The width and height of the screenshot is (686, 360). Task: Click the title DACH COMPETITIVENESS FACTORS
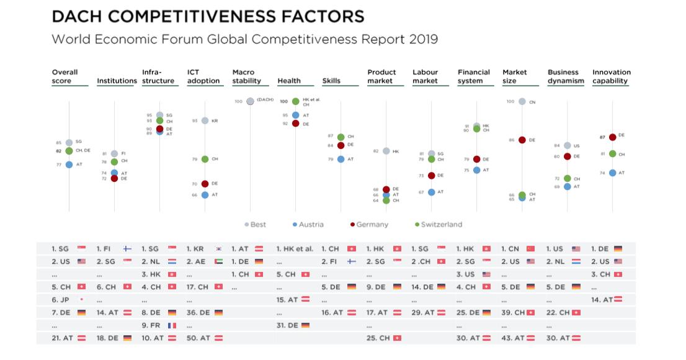(208, 17)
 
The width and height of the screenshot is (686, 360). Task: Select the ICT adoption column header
(203, 76)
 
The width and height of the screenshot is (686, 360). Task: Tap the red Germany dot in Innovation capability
(613, 137)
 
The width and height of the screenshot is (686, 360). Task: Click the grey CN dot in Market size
(522, 101)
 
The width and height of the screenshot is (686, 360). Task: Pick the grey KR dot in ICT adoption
(205, 120)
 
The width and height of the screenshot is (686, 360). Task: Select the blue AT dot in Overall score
(69, 164)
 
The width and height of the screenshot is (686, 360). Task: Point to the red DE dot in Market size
(522, 140)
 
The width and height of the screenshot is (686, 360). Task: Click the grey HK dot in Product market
(386, 151)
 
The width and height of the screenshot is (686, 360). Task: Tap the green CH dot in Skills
(341, 137)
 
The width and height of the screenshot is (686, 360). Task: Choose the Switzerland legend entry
(438, 225)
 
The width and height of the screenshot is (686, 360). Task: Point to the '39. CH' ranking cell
(518, 312)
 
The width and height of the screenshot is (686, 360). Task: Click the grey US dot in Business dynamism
(568, 146)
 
